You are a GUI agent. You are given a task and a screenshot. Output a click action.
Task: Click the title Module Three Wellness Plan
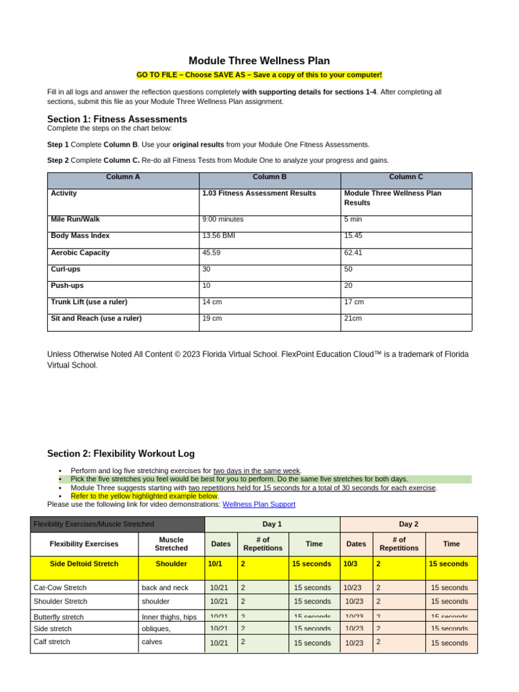pos(259,61)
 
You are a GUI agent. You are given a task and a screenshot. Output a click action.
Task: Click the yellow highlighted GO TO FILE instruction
pos(259,75)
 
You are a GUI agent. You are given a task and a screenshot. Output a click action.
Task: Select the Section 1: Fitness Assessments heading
pos(117,119)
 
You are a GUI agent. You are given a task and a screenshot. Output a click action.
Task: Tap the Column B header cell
pos(270,177)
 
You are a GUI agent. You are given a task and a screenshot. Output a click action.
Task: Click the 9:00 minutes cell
pos(223,220)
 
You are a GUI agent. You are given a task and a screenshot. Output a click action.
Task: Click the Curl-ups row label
pos(66,269)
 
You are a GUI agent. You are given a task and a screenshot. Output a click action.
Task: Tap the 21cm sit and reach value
pos(353,318)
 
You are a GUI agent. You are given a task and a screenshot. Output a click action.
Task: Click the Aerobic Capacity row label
pos(80,253)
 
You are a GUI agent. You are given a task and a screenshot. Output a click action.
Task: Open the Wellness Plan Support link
pos(259,504)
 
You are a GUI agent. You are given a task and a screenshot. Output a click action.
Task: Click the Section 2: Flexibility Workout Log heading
pos(121,453)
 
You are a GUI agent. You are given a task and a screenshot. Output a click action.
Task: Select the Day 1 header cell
pos(272,524)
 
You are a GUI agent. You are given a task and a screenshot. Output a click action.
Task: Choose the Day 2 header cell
pos(408,524)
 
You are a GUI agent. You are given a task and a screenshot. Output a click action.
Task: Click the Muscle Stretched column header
pos(171,544)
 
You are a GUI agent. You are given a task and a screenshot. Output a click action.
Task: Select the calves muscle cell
pos(152,642)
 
